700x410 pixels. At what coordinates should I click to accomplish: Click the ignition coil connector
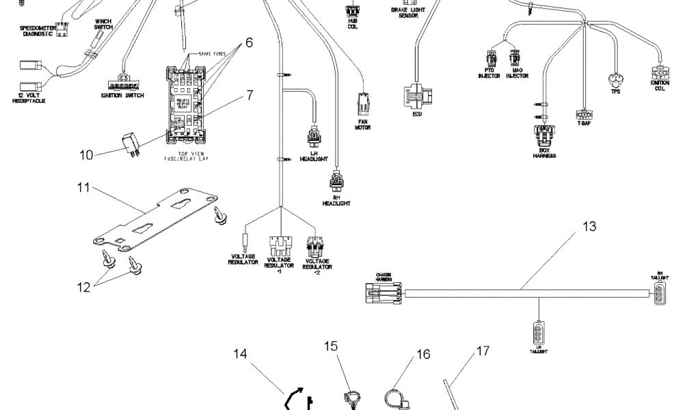click(660, 72)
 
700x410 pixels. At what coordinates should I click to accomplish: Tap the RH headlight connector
click(337, 182)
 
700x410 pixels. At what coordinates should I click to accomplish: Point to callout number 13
click(589, 226)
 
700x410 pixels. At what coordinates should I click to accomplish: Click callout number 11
click(83, 188)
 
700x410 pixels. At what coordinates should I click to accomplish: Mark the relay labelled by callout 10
click(130, 141)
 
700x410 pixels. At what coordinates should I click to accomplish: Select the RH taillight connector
click(660, 294)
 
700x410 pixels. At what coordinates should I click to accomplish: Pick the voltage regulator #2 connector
click(316, 247)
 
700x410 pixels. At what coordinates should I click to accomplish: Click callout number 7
click(250, 95)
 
